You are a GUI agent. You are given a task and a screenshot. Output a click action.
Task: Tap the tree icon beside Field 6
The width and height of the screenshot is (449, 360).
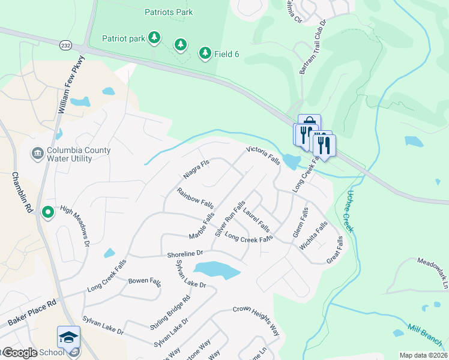(205, 53)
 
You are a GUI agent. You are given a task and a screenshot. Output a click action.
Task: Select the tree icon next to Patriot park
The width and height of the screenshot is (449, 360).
(155, 38)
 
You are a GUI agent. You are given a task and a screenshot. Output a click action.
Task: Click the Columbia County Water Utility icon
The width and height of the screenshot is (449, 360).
(37, 153)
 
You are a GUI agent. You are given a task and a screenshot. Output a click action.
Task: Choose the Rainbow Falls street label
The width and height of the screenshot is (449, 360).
(195, 199)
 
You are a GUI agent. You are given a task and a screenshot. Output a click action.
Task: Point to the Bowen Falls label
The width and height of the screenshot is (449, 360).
(145, 281)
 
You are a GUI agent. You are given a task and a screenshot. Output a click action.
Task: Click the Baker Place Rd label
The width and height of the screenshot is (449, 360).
(32, 314)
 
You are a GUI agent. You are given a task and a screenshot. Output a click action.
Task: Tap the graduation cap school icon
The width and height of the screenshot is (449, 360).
(69, 337)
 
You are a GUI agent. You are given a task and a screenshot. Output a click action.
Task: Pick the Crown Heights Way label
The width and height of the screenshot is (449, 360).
(257, 319)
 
